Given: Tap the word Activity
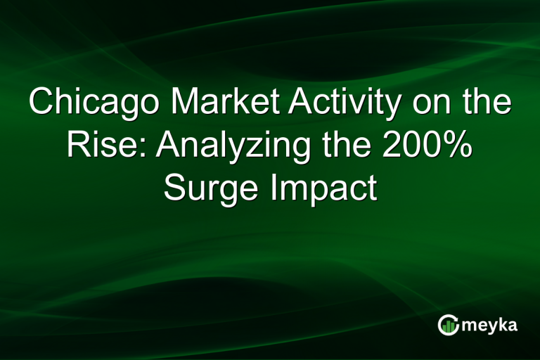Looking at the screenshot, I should (x=334, y=103).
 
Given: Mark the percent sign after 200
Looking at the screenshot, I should (x=458, y=146).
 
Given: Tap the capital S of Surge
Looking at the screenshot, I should (x=175, y=188).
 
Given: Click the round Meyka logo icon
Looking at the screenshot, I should (x=449, y=324).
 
